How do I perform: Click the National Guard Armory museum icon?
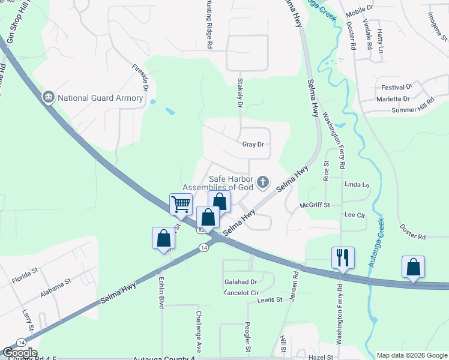click(48, 97)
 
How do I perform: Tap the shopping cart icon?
click(181, 205)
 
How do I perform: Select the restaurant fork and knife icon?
click(343, 258)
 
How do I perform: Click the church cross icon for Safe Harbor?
click(262, 182)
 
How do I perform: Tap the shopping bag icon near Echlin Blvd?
click(163, 238)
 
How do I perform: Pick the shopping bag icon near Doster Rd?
click(413, 267)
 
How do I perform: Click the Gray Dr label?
click(253, 145)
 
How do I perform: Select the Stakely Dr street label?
click(239, 95)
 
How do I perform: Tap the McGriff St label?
click(315, 205)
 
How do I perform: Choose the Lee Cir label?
click(355, 214)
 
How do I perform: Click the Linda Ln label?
click(355, 185)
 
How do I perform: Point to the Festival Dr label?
click(393, 87)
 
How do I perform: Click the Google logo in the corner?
click(19, 352)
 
